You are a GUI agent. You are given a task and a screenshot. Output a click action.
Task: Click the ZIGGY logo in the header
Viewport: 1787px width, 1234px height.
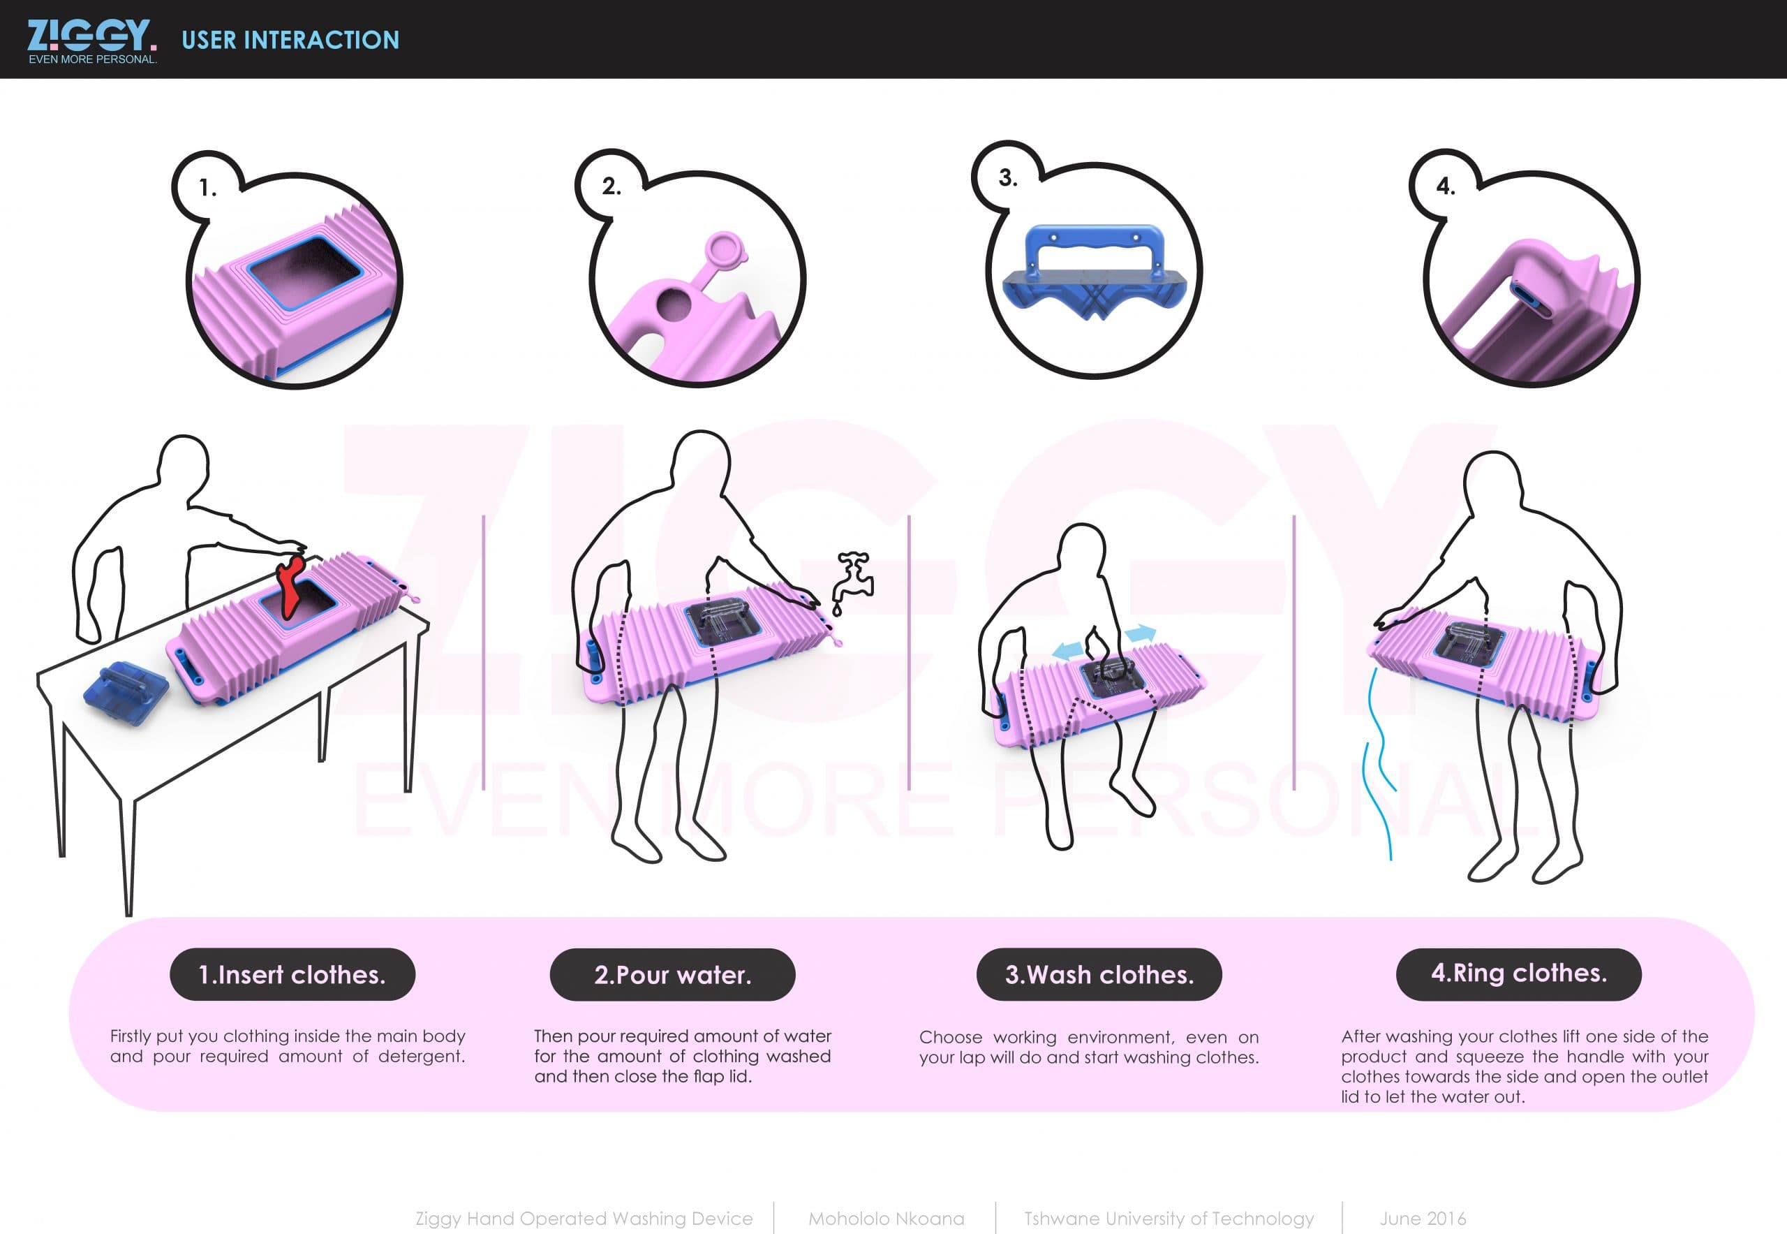(x=92, y=41)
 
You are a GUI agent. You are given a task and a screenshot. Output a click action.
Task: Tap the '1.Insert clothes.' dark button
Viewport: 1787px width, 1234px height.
(x=292, y=974)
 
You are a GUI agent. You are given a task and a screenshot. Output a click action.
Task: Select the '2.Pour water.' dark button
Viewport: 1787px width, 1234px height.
(x=672, y=974)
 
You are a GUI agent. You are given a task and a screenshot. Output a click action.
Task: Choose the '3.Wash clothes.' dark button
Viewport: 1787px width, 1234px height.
(x=1099, y=974)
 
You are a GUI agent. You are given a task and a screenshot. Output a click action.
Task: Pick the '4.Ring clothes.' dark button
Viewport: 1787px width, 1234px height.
(x=1519, y=974)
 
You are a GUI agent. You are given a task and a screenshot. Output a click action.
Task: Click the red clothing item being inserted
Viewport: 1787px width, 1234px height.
(x=290, y=587)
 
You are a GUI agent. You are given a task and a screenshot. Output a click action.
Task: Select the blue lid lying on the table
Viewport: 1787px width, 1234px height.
(x=126, y=692)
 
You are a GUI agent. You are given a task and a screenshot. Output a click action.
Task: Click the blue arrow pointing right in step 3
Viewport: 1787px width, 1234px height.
(x=1140, y=635)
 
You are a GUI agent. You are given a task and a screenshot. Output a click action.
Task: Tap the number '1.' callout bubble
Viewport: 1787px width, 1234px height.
(x=208, y=188)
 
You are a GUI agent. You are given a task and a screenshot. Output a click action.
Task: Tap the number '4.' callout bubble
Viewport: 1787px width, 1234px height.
(x=1446, y=186)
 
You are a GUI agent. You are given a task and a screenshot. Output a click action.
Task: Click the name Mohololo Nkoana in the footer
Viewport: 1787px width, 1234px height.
(x=887, y=1219)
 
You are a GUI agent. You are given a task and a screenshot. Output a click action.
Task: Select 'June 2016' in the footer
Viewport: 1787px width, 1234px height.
(x=1422, y=1219)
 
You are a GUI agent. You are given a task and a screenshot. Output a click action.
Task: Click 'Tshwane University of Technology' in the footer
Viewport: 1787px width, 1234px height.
(x=1169, y=1219)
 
